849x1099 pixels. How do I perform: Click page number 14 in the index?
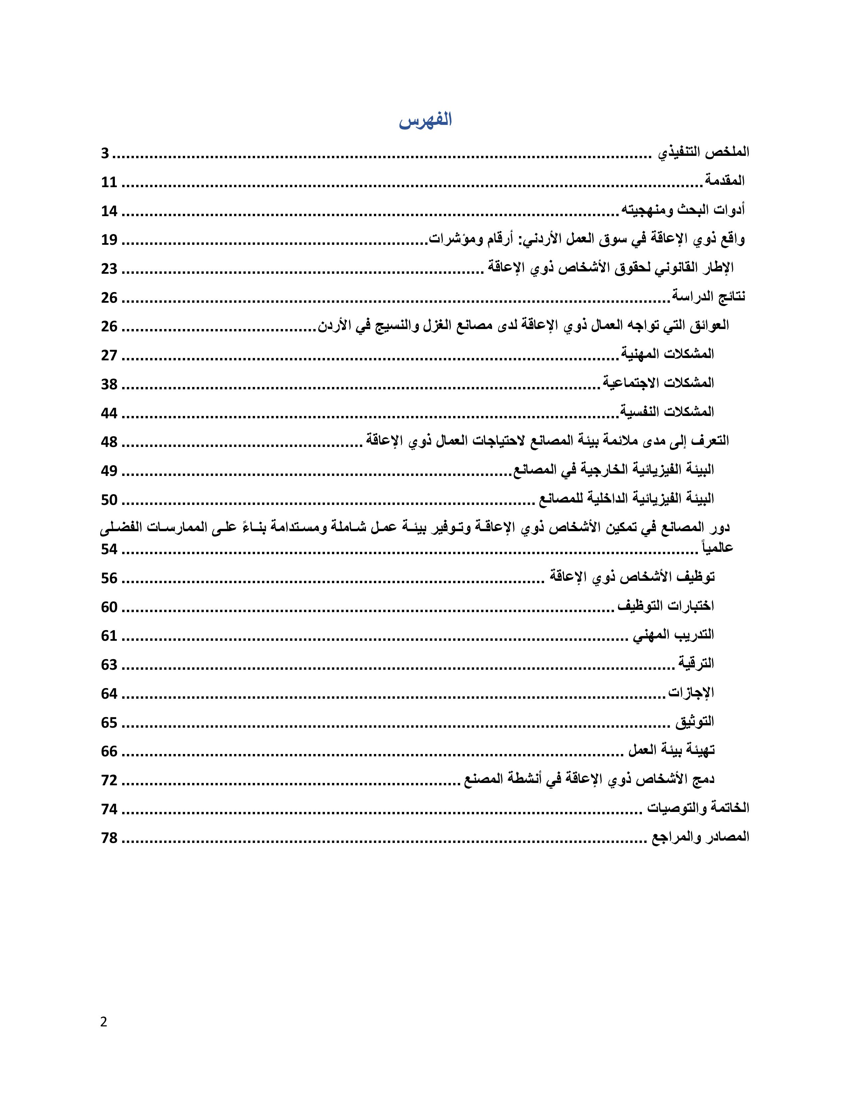[x=109, y=211]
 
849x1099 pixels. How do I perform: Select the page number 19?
[x=109, y=240]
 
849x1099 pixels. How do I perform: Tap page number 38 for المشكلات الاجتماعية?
[x=109, y=384]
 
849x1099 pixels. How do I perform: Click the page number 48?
[x=109, y=442]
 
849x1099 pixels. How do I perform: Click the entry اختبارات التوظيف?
[x=666, y=606]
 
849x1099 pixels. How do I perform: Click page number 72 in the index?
[x=109, y=781]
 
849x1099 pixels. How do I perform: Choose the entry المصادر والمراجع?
[x=700, y=837]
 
